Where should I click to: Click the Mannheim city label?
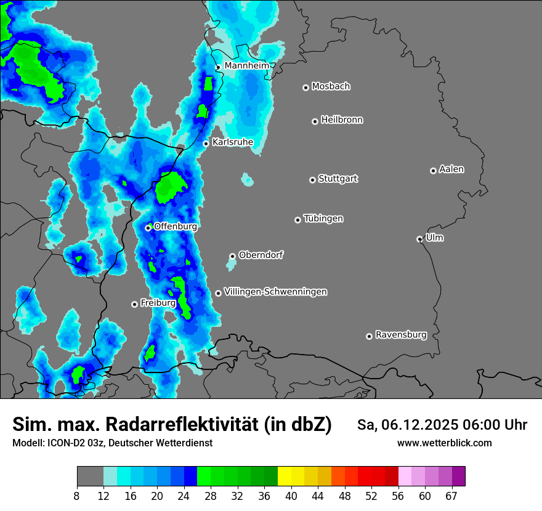(246, 65)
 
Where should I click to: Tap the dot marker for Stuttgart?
(312, 180)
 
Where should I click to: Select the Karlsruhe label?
(233, 142)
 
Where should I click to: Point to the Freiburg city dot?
(134, 304)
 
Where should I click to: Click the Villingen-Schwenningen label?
(276, 292)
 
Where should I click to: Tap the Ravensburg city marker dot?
(369, 336)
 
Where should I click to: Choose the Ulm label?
(435, 238)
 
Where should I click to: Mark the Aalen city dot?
(433, 171)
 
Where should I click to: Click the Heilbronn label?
(342, 120)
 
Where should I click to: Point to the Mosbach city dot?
(305, 87)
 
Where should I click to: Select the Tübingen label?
(323, 219)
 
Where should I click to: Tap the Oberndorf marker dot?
(232, 256)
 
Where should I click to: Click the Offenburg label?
(176, 227)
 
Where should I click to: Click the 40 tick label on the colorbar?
(291, 496)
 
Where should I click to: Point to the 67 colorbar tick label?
(451, 496)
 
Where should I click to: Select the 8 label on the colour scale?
(77, 496)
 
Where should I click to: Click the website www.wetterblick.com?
(444, 443)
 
